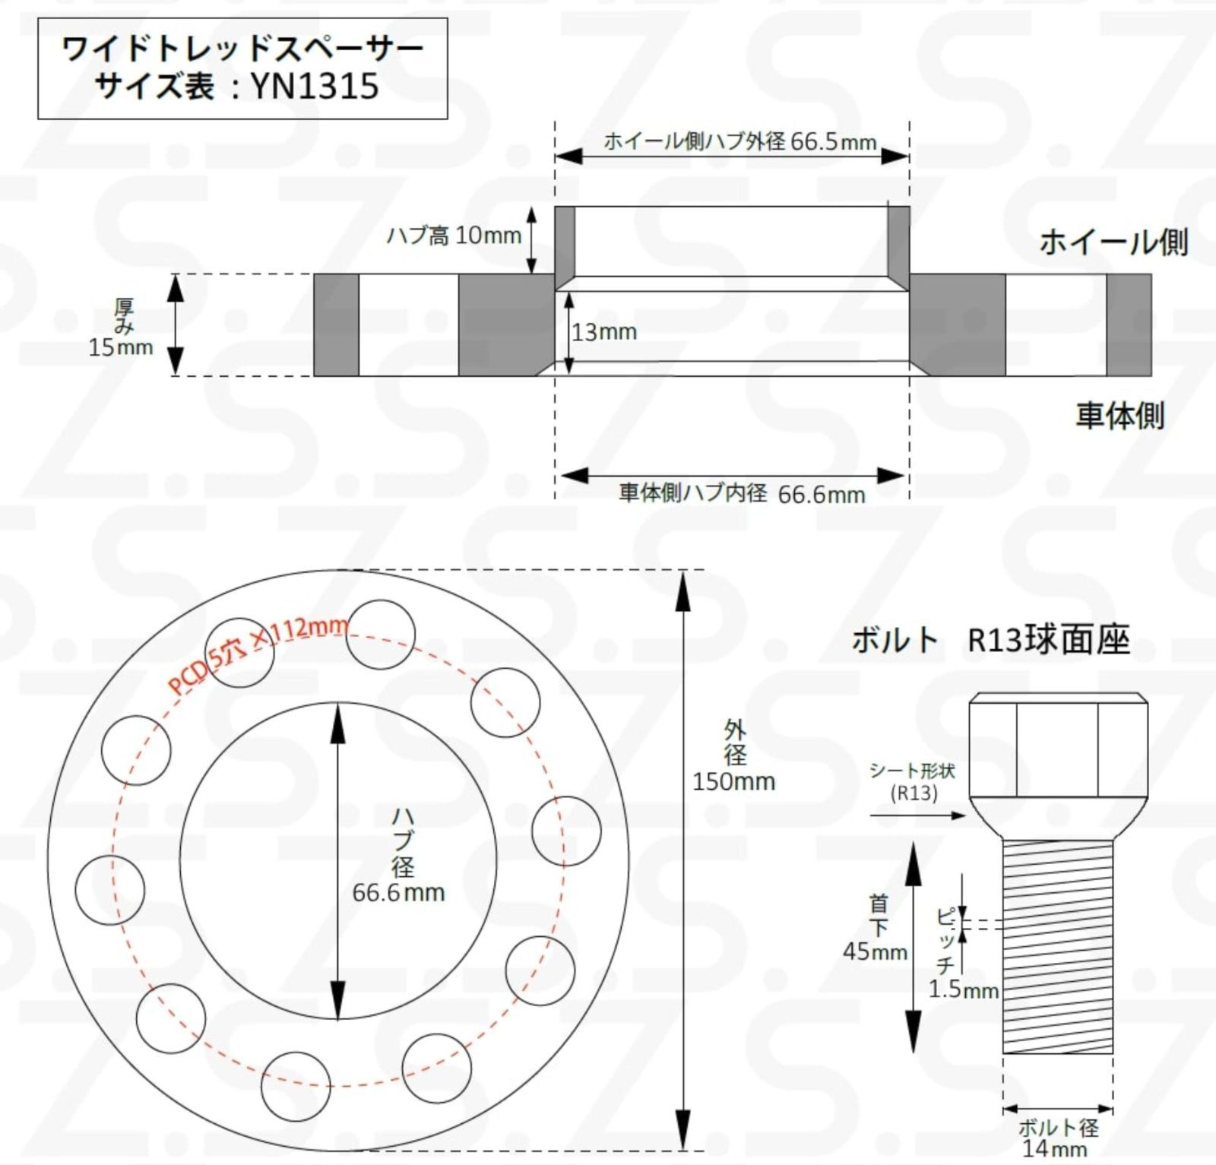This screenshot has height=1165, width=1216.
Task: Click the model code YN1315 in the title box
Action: pyautogui.click(x=315, y=86)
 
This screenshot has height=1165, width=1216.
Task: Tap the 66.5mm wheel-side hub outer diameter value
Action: pyautogui.click(x=833, y=142)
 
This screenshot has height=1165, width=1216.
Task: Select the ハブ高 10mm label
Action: pyautogui.click(x=454, y=236)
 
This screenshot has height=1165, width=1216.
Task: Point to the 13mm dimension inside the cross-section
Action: pyautogui.click(x=604, y=332)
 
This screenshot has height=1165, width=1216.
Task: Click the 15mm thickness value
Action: pyautogui.click(x=121, y=348)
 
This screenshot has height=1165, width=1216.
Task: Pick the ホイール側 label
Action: pyautogui.click(x=1113, y=242)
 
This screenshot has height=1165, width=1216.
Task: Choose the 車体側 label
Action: pyautogui.click(x=1119, y=416)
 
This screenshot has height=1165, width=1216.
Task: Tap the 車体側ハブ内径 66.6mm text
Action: pyautogui.click(x=742, y=494)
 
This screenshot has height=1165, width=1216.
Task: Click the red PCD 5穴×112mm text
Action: pyautogui.click(x=258, y=655)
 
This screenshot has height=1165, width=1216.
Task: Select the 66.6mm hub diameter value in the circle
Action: pyautogui.click(x=398, y=892)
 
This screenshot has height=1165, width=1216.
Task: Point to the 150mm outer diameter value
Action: pyautogui.click(x=733, y=781)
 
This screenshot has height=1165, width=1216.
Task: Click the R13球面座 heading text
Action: pyautogui.click(x=1048, y=640)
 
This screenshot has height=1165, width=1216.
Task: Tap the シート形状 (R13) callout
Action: pyautogui.click(x=913, y=782)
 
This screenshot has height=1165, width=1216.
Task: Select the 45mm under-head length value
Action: pyautogui.click(x=875, y=951)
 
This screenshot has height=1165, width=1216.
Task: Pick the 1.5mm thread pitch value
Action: pyautogui.click(x=963, y=989)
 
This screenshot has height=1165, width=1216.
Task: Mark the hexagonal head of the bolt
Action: pyautogui.click(x=1057, y=747)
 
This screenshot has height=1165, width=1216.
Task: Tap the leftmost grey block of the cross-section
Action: pyautogui.click(x=336, y=324)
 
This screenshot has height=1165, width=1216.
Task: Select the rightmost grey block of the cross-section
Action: pyautogui.click(x=1129, y=324)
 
